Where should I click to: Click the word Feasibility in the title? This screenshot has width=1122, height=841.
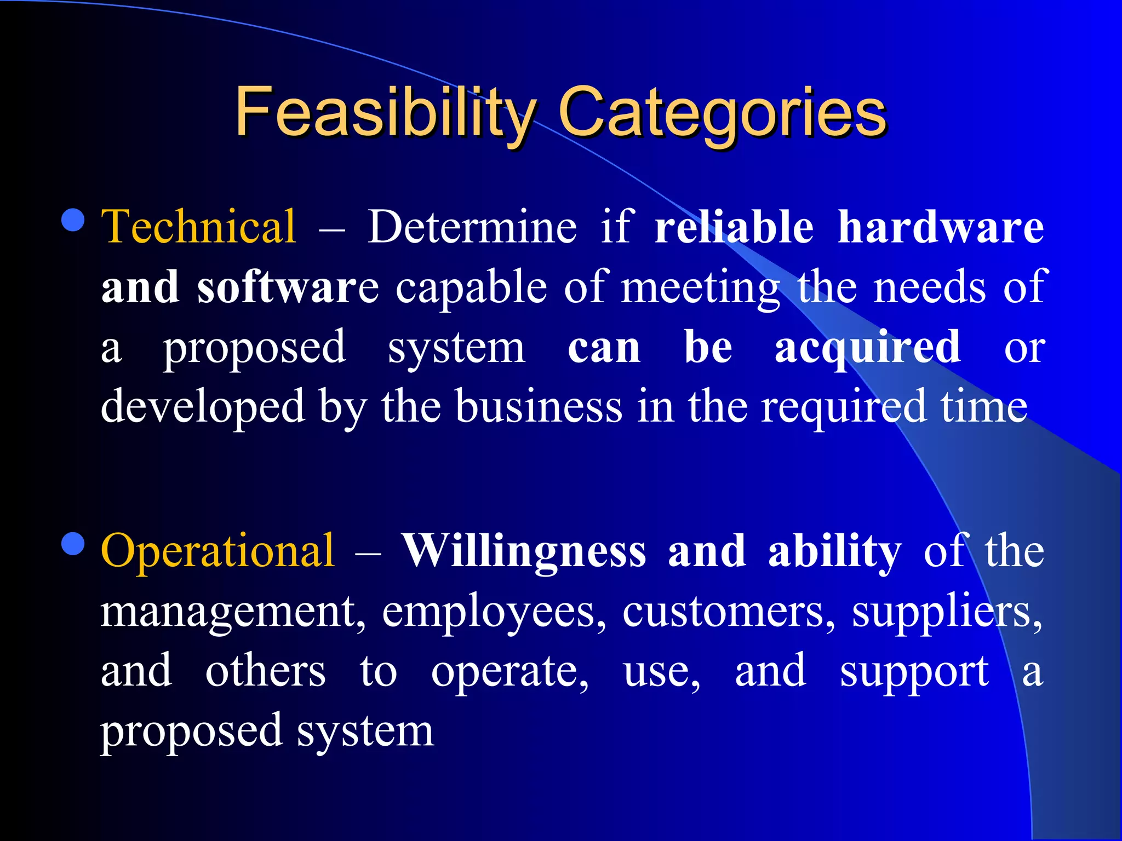[383, 112]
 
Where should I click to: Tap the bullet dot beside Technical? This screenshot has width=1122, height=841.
[73, 221]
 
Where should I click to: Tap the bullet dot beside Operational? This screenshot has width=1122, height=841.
[73, 544]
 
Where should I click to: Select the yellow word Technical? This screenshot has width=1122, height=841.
[199, 227]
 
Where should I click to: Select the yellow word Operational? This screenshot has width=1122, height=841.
[217, 550]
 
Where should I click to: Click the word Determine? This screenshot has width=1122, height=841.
[472, 227]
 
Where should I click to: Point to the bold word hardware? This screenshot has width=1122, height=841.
[941, 227]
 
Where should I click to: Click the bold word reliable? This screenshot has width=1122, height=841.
[734, 227]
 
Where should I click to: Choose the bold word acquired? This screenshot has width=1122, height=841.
[867, 348]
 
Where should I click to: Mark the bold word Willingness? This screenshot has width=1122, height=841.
[524, 550]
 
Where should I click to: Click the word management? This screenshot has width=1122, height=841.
[232, 612]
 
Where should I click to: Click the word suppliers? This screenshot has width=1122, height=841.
[946, 612]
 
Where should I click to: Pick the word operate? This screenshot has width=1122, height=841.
[509, 672]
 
